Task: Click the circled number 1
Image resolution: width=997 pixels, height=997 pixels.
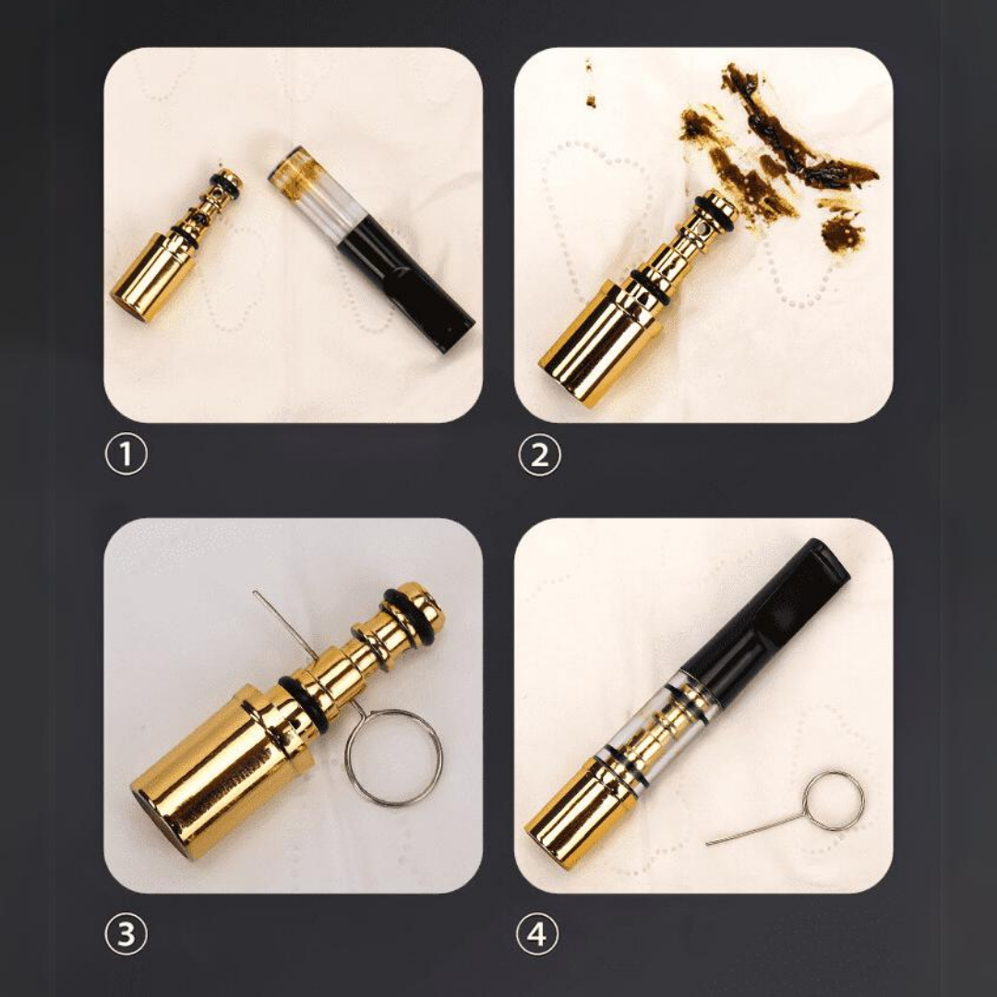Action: [126, 453]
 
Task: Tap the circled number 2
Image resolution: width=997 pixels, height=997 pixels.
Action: [539, 454]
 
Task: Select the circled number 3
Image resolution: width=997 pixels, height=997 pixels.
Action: [126, 933]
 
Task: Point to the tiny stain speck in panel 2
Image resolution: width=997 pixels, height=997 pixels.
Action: [591, 101]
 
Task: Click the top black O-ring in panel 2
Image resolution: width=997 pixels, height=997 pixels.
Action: [715, 213]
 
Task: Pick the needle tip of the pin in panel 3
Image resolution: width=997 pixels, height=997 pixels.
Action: [255, 592]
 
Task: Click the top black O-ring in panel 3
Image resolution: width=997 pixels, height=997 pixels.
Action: [413, 611]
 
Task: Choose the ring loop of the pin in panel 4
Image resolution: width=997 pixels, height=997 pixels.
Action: [833, 800]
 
